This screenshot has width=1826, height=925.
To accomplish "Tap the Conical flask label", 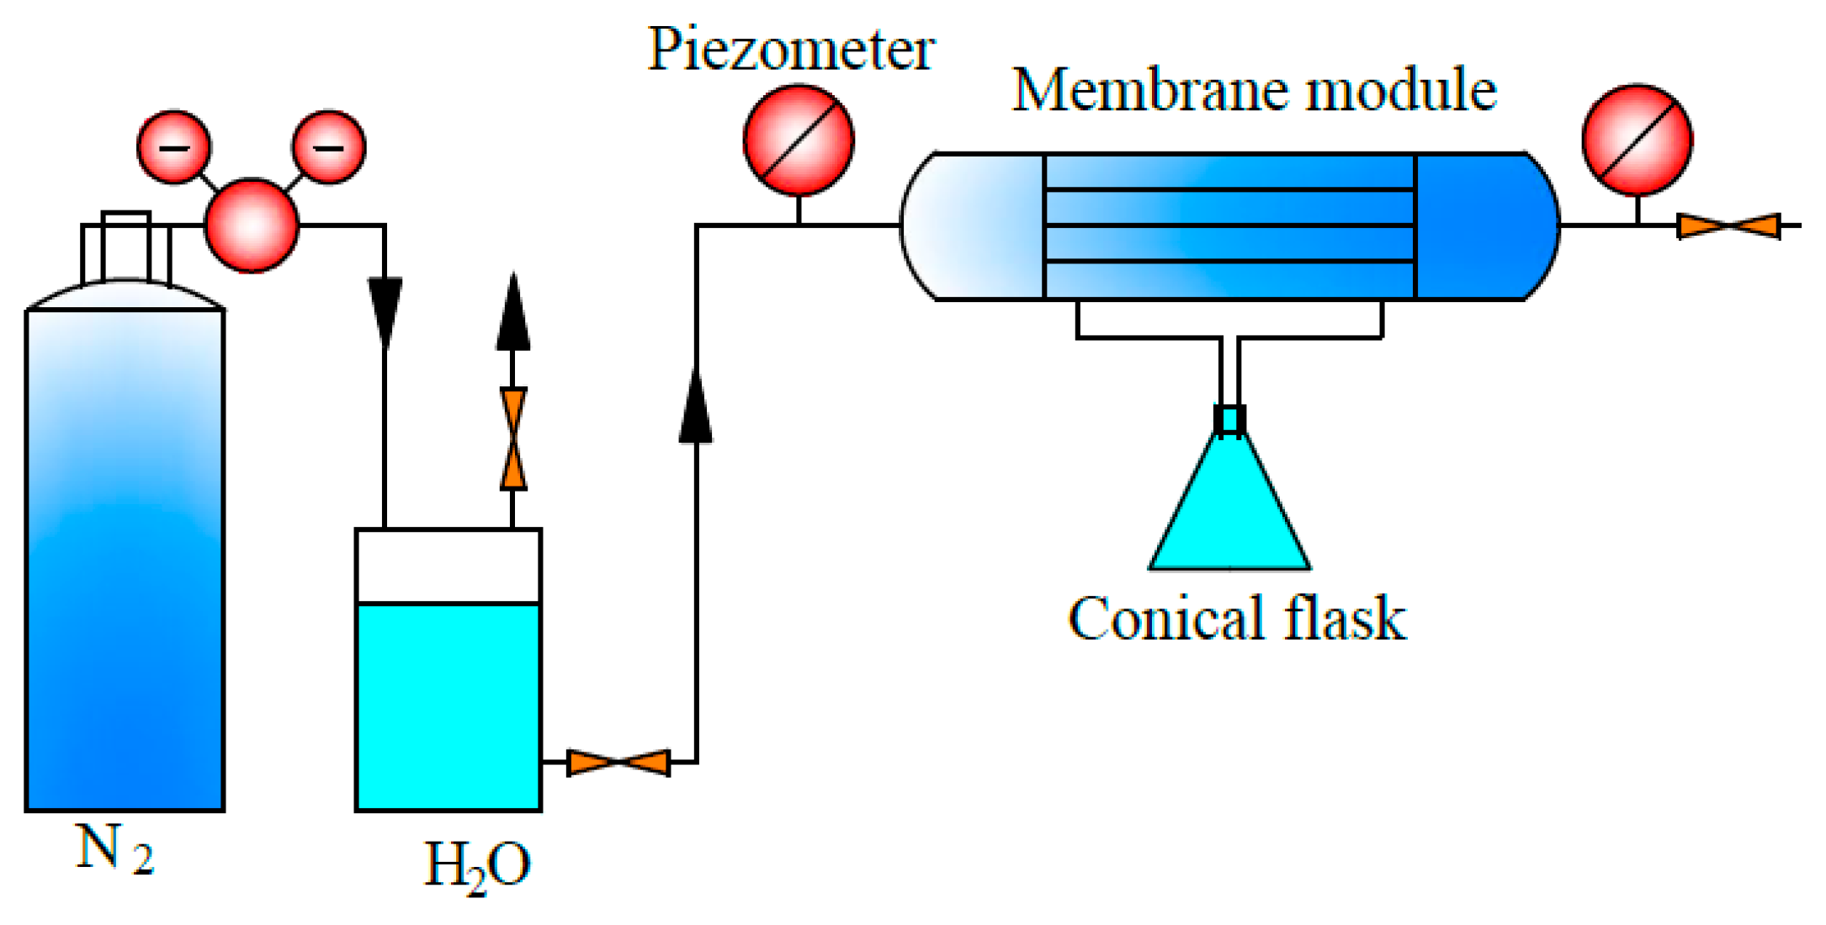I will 1236,619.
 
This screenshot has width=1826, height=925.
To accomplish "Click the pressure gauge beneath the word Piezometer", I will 798,140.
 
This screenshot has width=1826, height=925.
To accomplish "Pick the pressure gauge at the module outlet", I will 1637,140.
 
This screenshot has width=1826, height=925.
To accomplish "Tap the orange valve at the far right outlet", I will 1728,226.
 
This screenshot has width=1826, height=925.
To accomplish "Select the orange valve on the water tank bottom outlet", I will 618,763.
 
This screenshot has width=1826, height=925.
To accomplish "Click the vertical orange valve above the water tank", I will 512,439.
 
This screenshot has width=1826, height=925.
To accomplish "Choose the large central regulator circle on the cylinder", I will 252,225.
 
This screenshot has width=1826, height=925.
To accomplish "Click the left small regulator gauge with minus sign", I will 174,147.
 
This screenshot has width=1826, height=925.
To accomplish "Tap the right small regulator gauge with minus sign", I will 328,147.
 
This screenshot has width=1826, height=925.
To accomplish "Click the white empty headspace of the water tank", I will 448,566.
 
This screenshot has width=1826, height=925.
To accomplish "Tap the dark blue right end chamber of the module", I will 1481,226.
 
